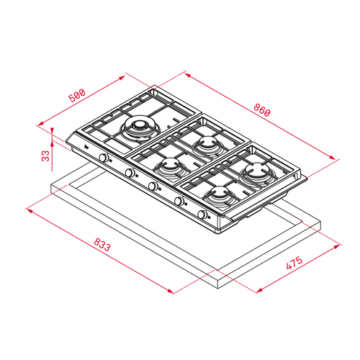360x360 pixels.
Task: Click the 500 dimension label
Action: click(x=77, y=96)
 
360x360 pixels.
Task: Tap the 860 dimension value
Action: click(x=262, y=110)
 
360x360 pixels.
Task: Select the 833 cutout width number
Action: click(x=102, y=245)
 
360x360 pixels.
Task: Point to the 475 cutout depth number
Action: click(x=294, y=263)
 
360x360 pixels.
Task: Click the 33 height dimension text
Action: click(x=45, y=156)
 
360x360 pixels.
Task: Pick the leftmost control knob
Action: click(x=104, y=158)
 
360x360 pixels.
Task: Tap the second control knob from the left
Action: click(x=130, y=172)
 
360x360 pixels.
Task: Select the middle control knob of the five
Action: click(x=153, y=186)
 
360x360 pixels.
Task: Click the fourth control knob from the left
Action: click(x=179, y=201)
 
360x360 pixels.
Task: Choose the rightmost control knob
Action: click(x=202, y=214)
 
